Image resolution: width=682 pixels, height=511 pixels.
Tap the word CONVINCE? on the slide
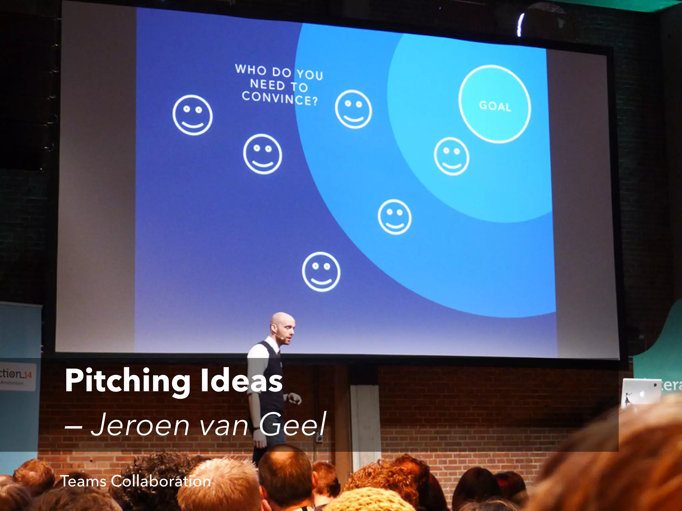coord(280,98)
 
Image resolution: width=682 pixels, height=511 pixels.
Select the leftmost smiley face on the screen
coord(192,115)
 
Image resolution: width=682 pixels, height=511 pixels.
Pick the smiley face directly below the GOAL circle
coord(452,156)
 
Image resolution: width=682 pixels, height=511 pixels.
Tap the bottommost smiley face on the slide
coord(321,271)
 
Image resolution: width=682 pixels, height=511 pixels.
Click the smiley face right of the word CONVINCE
coord(353,109)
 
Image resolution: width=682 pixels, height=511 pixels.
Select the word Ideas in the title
coord(241,381)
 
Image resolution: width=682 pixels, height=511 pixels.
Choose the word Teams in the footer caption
coord(83,481)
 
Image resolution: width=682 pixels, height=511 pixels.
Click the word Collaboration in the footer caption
coord(161,481)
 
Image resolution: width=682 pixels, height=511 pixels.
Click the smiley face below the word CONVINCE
coord(262,154)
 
